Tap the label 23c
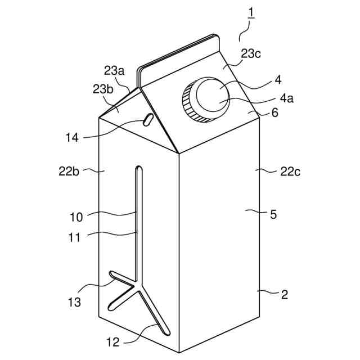(x=250, y=54)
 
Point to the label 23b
(x=103, y=89)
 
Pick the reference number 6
(x=274, y=112)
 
